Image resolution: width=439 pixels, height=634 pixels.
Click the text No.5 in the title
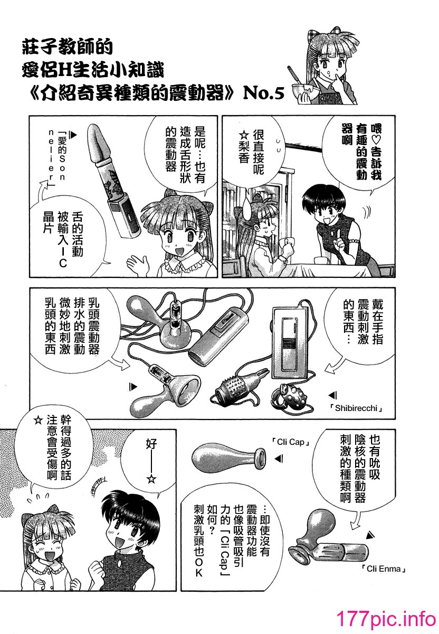coord(263,93)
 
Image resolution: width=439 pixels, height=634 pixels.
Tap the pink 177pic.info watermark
coord(386,619)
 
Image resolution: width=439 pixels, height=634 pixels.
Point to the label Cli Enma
coord(383,568)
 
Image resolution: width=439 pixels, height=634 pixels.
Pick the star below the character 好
coord(152,479)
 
